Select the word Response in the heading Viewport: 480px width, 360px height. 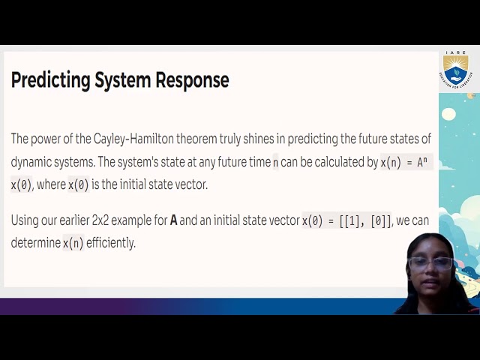192,80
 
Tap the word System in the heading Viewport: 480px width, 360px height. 122,80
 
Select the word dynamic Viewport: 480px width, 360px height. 31,162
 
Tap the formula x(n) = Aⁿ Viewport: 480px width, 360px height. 406,162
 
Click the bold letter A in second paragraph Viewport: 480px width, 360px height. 174,220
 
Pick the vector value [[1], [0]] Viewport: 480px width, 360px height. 364,220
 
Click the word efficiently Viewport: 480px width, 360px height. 111,243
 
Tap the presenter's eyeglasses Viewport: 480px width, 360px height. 430,263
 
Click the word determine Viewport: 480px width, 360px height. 34,243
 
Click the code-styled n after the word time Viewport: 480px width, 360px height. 275,162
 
